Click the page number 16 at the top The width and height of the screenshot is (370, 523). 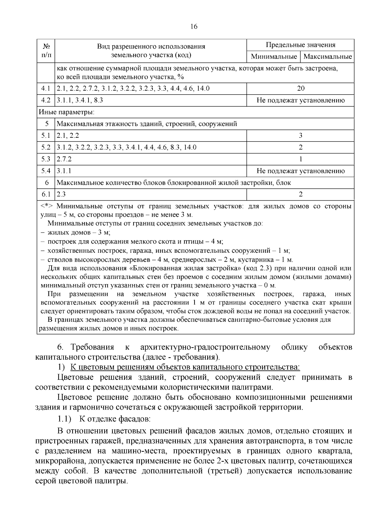coord(194,27)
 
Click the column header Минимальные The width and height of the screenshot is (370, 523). coord(273,57)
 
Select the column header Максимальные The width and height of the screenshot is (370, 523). coord(327,57)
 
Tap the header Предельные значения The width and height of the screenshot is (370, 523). coord(300,45)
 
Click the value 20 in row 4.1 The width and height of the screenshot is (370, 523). coord(301,89)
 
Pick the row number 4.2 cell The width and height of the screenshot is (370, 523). coord(46,100)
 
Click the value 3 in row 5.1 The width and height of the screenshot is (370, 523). coord(301,136)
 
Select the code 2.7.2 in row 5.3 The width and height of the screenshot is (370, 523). coord(64,159)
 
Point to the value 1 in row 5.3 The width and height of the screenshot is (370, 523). coord(301,159)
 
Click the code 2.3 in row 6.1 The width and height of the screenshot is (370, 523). coord(61,194)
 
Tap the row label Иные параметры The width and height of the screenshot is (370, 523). coord(67,112)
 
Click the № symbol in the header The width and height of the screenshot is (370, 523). coord(47,47)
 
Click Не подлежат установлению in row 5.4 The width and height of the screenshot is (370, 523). coord(301,171)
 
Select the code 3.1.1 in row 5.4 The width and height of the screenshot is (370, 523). coord(64,171)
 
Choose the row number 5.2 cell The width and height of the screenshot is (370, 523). coord(46,147)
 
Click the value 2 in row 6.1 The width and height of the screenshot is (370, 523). coord(301,194)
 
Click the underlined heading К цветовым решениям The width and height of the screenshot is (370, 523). coord(185,367)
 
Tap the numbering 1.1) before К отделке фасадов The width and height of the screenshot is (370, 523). coord(65,419)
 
